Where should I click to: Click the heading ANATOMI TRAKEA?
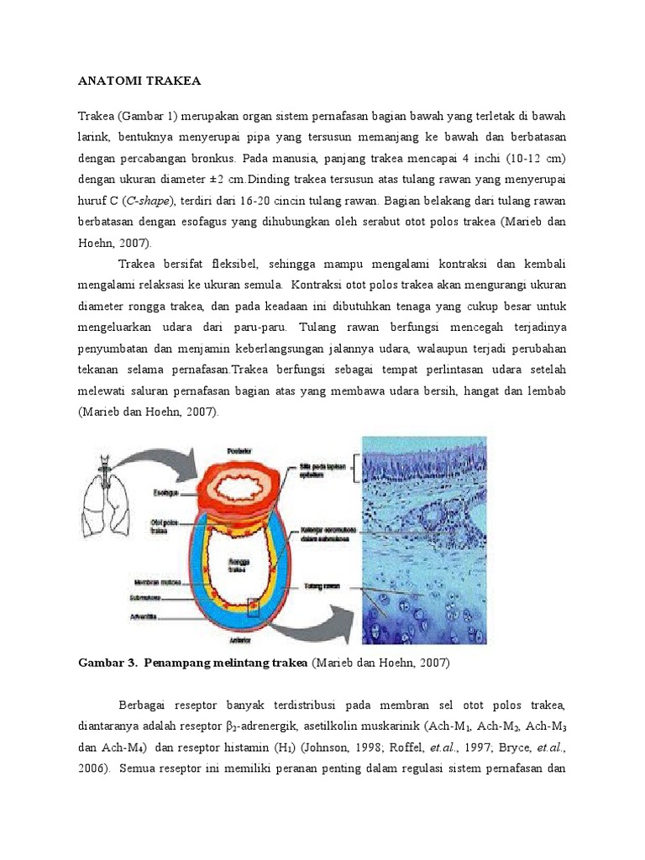[139, 81]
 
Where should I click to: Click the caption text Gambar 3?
[107, 663]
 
